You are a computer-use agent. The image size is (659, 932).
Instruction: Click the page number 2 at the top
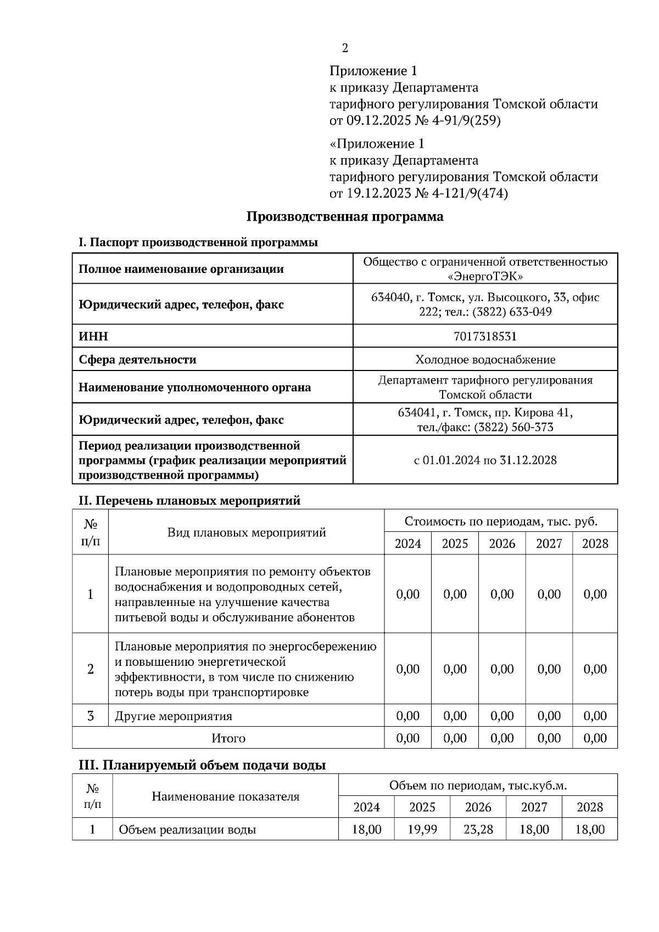tap(345, 48)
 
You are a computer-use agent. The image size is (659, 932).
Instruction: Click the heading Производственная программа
tap(344, 216)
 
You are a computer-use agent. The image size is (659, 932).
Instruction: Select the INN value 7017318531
tap(485, 336)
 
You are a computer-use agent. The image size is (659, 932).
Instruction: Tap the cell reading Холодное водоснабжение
tap(485, 360)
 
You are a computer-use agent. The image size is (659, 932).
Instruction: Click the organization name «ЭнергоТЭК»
tap(485, 276)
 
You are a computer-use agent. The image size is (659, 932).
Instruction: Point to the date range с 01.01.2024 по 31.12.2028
tap(485, 460)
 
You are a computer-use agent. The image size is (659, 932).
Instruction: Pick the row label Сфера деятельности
tap(137, 360)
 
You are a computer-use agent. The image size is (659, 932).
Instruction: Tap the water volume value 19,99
tap(422, 829)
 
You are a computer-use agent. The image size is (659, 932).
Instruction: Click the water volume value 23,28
tap(478, 829)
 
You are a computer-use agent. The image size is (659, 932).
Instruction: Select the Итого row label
tap(228, 738)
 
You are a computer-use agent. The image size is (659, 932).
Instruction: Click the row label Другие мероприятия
tap(173, 716)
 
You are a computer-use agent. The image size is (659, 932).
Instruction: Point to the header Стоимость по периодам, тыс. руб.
tap(500, 521)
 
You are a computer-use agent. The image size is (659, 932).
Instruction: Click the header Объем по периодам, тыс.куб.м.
tap(477, 785)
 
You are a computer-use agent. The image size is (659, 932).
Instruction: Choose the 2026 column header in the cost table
tap(502, 543)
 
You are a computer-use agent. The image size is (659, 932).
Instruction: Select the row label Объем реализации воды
tap(187, 829)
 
